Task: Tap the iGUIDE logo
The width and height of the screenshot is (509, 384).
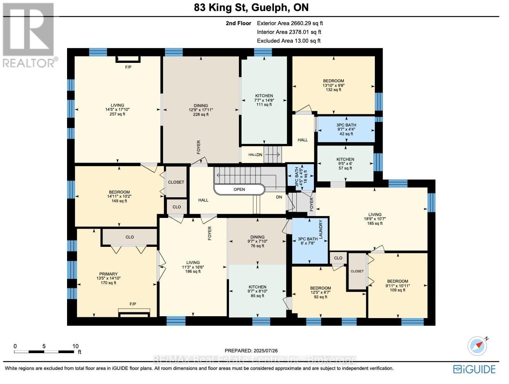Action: (474, 370)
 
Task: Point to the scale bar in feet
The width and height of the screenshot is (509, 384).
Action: (44, 352)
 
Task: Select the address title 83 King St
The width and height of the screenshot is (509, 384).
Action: (220, 7)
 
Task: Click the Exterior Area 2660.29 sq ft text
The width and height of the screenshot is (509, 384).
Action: (290, 23)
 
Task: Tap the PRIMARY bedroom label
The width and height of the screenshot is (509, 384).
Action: (108, 274)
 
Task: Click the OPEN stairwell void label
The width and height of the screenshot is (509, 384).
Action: (239, 189)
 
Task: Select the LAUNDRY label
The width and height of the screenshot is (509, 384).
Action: (321, 229)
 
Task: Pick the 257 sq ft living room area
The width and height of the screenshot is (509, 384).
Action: (117, 114)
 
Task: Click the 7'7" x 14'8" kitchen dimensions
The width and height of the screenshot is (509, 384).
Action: (264, 100)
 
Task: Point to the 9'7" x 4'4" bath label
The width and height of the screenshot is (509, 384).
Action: (346, 130)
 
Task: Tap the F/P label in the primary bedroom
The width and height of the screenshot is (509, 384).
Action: (133, 304)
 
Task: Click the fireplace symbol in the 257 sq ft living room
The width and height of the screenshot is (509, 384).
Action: (128, 59)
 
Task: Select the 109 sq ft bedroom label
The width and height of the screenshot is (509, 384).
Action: (397, 290)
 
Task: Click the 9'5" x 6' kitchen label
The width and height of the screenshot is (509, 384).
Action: (345, 163)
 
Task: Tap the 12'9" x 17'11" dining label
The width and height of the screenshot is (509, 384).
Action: (201, 110)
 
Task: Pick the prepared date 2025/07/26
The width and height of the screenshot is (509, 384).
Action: (266, 351)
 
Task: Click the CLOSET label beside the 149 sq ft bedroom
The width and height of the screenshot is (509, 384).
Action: (176, 182)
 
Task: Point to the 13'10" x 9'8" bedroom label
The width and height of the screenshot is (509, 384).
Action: (333, 85)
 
